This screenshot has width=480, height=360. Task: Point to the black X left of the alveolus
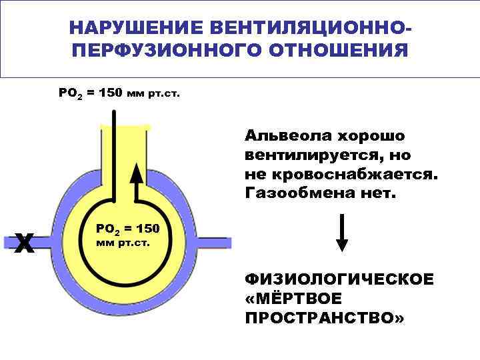(x=25, y=243)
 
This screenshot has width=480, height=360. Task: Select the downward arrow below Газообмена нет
(x=342, y=233)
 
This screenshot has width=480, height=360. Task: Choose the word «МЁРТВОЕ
(x=293, y=297)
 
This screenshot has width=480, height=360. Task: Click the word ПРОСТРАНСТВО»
(x=325, y=317)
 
